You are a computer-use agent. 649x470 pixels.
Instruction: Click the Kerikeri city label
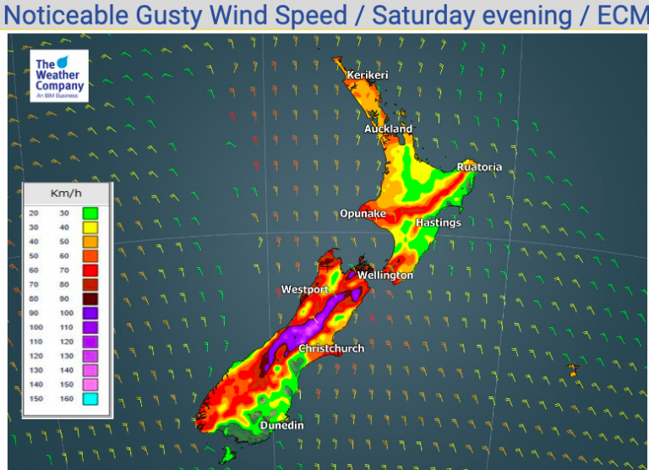coord(367,75)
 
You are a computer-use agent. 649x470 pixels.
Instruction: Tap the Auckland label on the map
coord(388,128)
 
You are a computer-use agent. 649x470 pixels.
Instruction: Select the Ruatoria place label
coord(479,167)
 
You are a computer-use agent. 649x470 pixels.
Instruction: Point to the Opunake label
coord(363,213)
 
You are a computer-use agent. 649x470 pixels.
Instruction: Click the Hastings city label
coord(439,222)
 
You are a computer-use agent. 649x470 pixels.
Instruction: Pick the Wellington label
coord(385,275)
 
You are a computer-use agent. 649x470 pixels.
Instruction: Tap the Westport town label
coord(304,289)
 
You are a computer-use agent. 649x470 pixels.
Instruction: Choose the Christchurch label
coord(331,348)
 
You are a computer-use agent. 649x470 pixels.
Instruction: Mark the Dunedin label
coord(281,424)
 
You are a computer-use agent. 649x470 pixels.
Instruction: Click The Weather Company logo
coord(59,78)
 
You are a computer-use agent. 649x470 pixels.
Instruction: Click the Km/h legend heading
coord(64,194)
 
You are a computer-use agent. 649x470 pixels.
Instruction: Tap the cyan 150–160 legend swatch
coord(90,399)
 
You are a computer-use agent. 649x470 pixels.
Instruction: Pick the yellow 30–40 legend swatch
coord(90,228)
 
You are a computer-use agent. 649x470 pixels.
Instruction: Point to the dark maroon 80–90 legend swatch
coord(90,299)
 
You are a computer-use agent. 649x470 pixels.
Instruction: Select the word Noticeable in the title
coord(78,15)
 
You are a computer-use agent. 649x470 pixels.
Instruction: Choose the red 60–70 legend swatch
coord(90,271)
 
